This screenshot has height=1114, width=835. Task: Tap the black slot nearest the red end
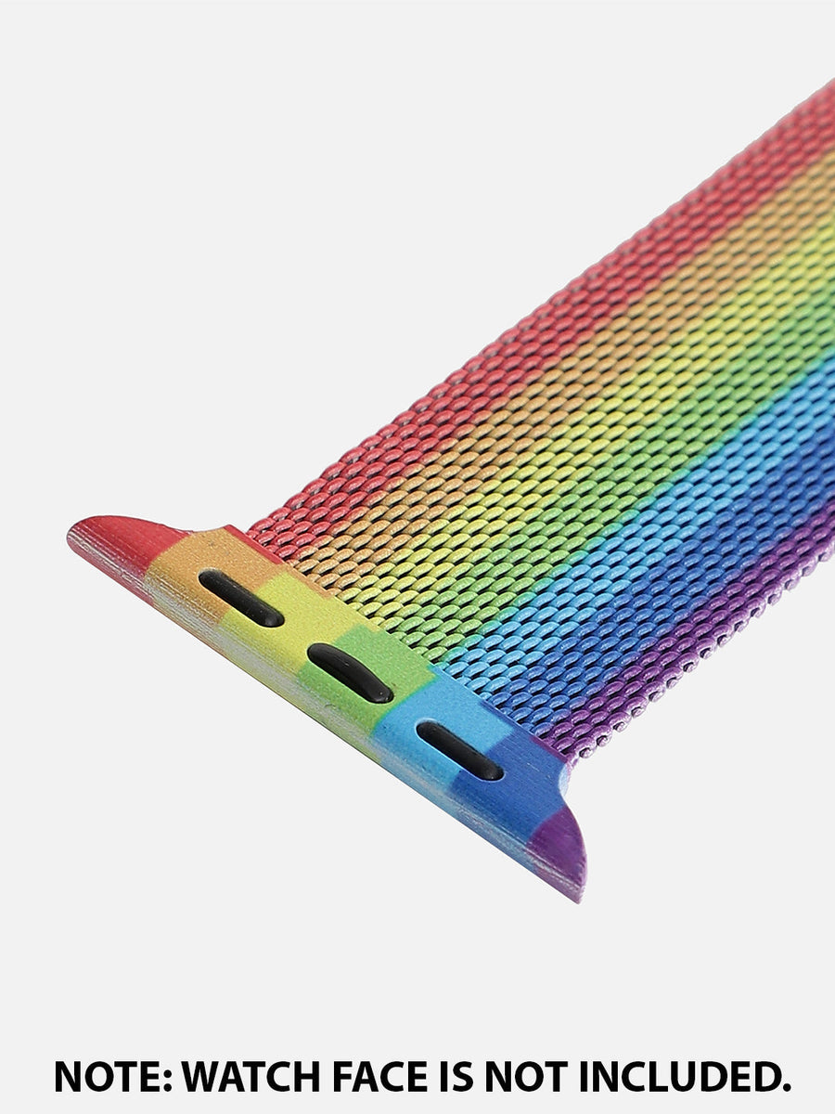click(x=241, y=599)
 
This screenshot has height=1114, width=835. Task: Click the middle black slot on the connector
click(x=350, y=673)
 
